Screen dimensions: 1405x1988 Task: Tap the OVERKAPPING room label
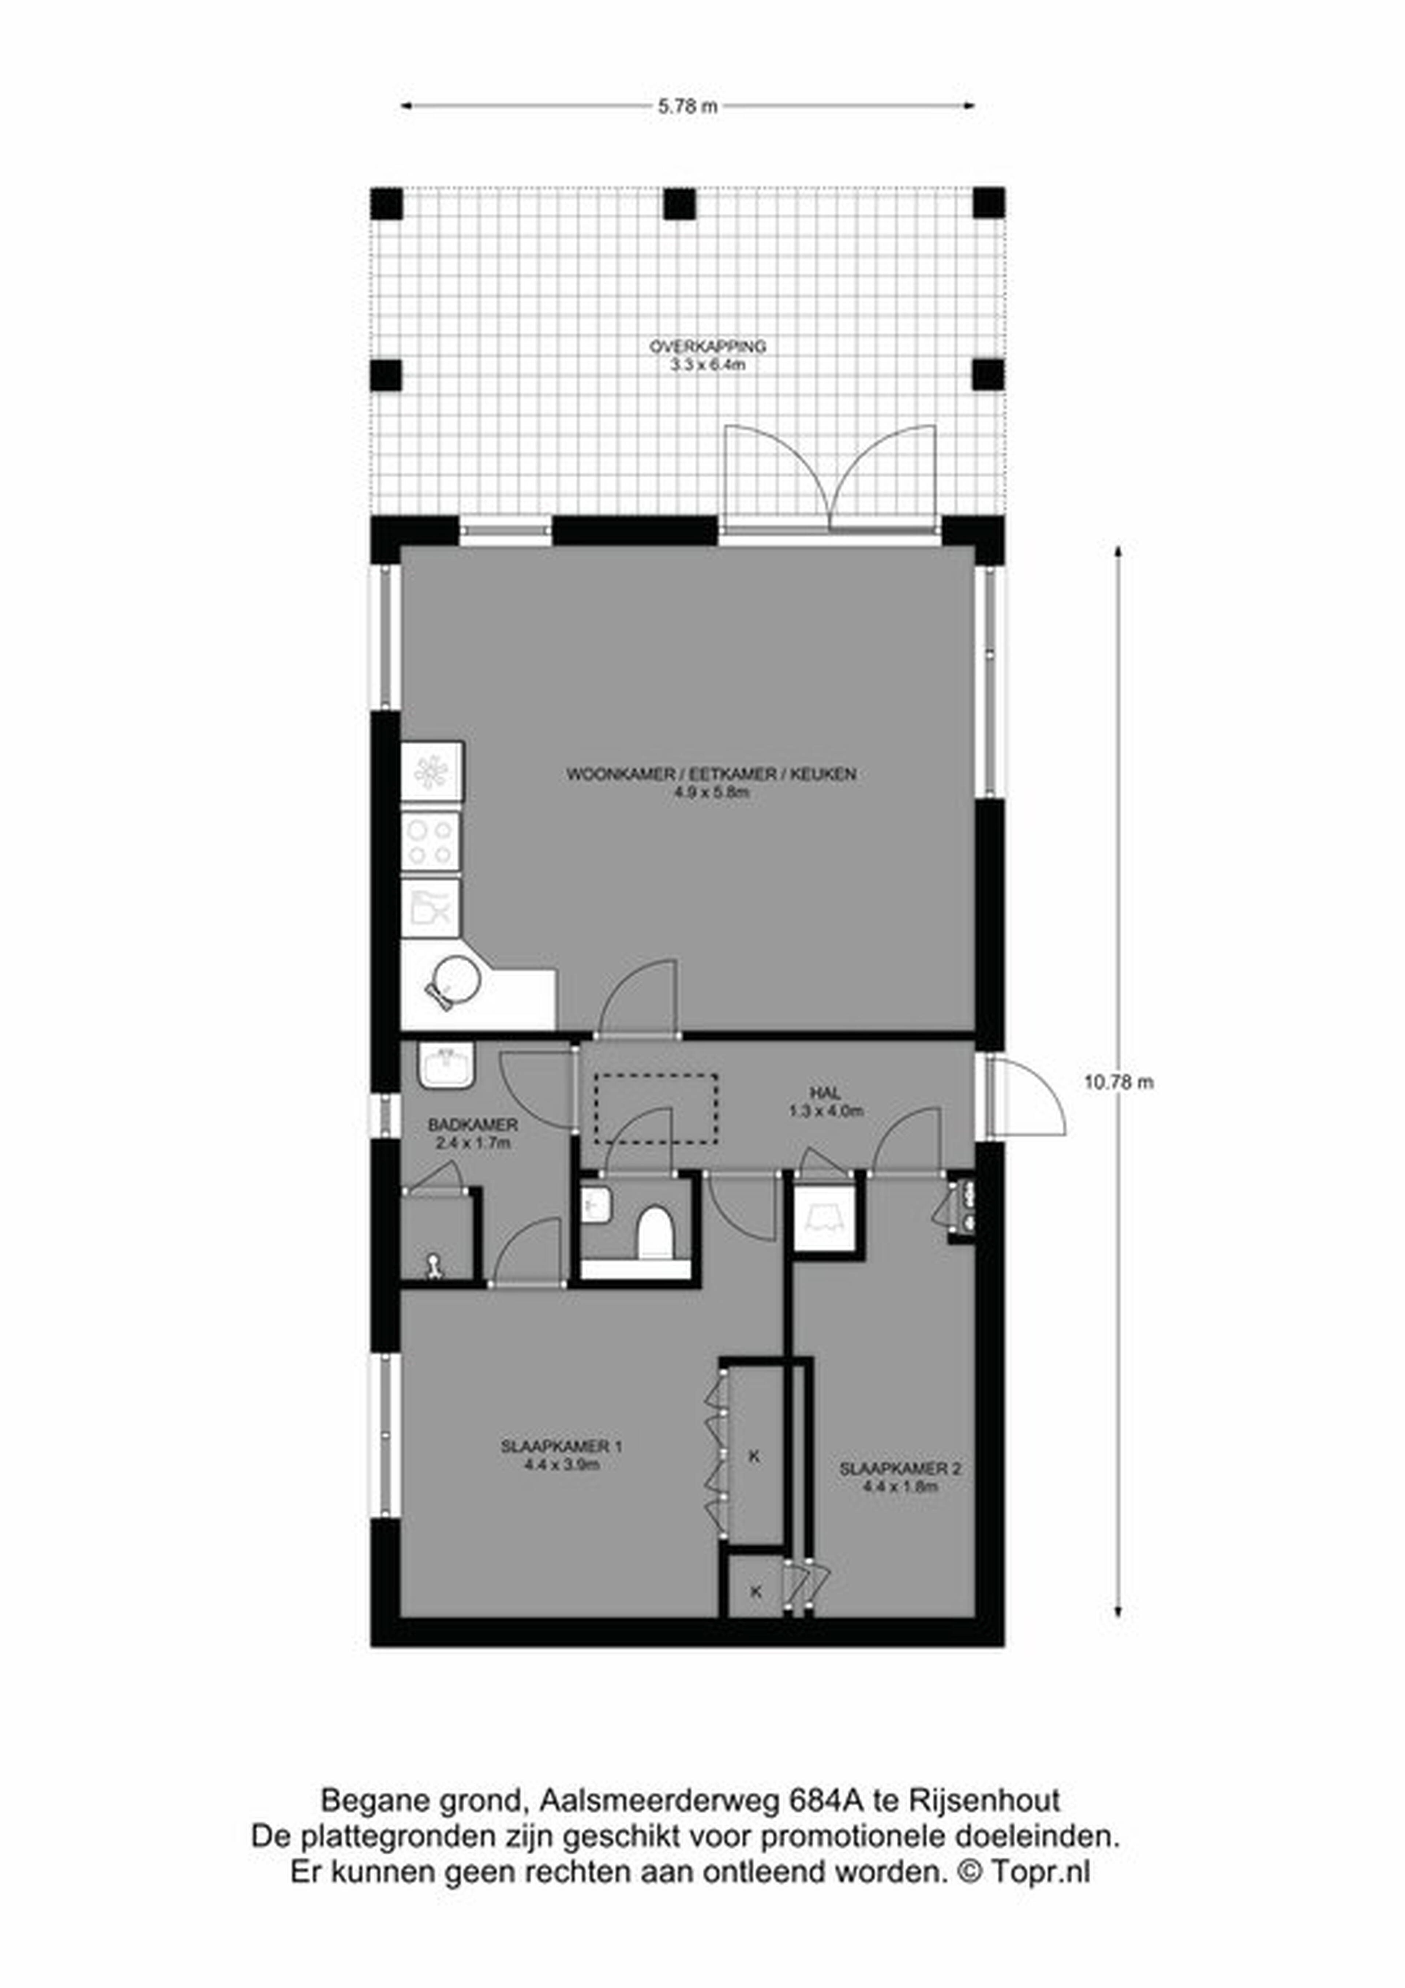tap(708, 346)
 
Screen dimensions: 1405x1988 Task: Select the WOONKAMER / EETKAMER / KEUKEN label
tap(712, 773)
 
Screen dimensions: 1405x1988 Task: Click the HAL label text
tap(826, 1094)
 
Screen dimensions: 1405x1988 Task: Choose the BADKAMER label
tap(473, 1125)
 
